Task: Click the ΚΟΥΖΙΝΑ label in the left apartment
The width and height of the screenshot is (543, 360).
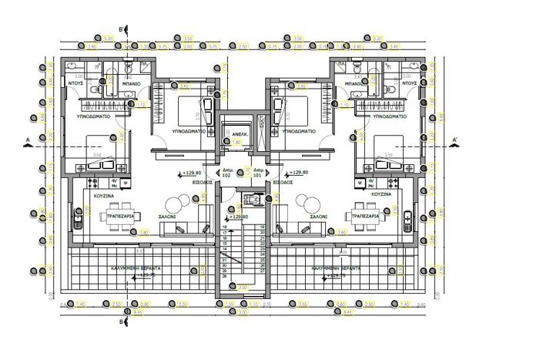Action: coord(105,196)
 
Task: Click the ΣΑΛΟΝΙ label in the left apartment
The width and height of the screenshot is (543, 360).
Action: coord(168,217)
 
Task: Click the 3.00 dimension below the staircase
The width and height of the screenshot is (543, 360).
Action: coord(243,313)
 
